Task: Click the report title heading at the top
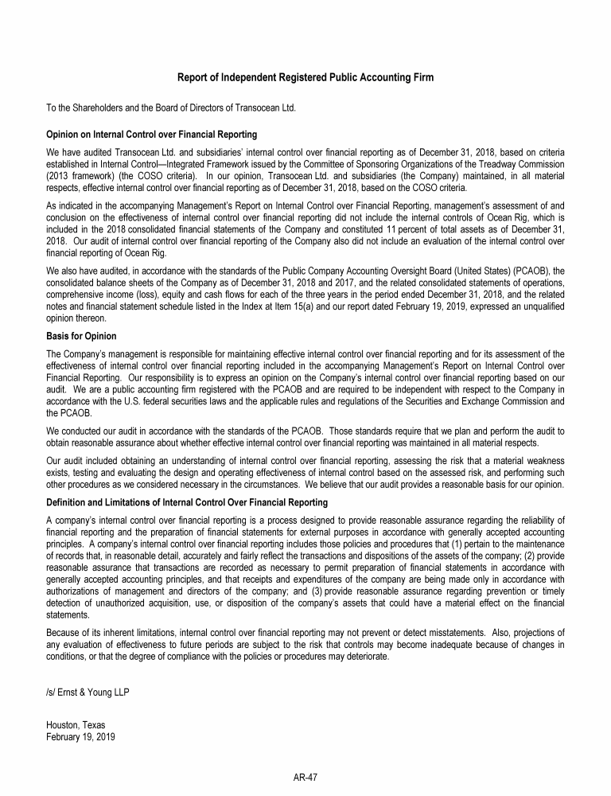point(305,77)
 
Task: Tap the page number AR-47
point(305,778)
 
